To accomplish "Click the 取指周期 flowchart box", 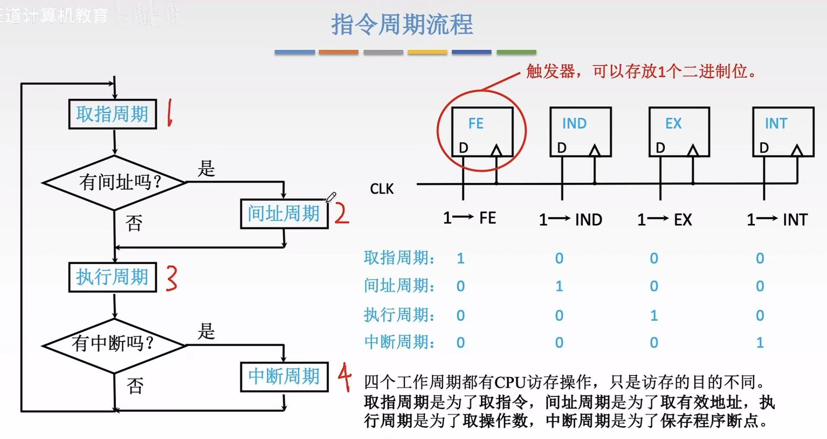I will [112, 114].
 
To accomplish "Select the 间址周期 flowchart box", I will [284, 214].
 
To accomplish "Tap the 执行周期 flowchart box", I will [112, 277].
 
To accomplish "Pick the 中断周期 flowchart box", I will [284, 376].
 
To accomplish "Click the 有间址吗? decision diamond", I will [114, 183].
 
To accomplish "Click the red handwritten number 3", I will [171, 278].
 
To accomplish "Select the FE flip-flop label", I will [476, 124].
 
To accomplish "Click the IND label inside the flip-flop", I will [574, 124].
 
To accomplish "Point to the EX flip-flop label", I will [673, 124].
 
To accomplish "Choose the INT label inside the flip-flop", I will [776, 124].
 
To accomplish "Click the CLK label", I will [382, 189].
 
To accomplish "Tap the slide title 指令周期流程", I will [402, 24].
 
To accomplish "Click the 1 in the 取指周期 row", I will [461, 259].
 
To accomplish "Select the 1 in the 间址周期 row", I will [559, 286].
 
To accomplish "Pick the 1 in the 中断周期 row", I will [760, 343].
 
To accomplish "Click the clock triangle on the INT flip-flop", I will [797, 151].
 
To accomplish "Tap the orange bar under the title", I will [338, 52].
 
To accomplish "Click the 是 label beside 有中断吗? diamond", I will [206, 332].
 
